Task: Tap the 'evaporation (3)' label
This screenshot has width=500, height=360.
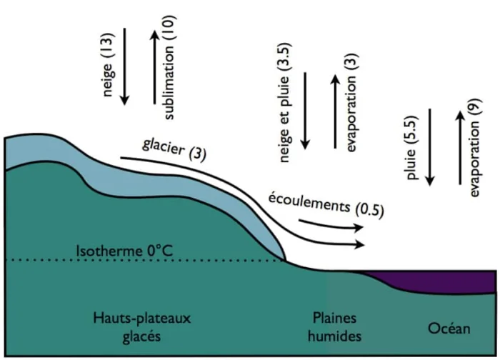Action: tap(351, 109)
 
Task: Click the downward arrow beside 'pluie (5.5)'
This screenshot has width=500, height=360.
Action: tap(430, 146)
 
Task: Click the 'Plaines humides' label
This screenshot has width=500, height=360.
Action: tap(334, 326)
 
